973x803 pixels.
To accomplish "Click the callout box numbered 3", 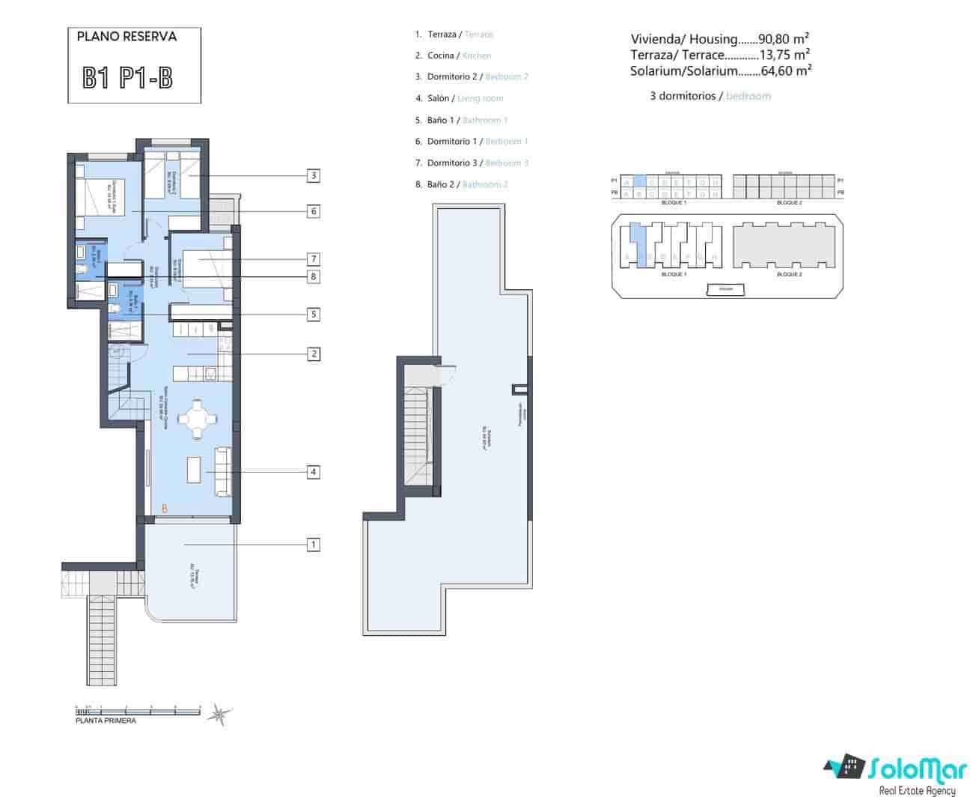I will pos(314,176).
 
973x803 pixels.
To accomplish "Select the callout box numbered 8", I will pos(314,276).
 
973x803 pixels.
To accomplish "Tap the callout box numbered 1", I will pos(314,545).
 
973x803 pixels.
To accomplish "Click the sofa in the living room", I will pos(222,470).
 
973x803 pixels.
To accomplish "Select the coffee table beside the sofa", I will pos(194,470).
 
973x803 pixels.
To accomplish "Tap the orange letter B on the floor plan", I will pos(164,509).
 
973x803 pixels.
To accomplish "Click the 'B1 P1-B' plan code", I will pos(128,78).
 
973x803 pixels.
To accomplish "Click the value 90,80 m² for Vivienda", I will pos(784,39).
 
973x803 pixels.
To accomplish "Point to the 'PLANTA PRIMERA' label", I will pos(106,721).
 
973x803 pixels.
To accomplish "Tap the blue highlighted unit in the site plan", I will pos(636,240).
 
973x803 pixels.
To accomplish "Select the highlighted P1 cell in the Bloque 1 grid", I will pos(638,181).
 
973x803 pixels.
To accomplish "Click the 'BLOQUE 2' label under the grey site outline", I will pos(789,275).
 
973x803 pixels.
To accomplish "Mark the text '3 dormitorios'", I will pos(683,96).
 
